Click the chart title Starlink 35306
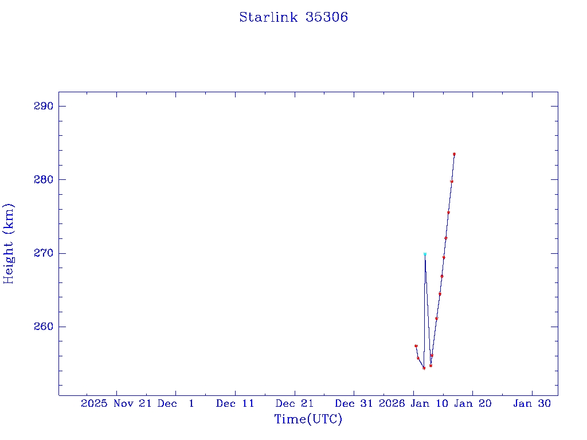[293, 17]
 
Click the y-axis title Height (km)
[9, 243]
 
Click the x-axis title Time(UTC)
[308, 419]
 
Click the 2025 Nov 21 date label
[116, 403]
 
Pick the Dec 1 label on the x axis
[176, 403]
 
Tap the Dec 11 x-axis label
[235, 403]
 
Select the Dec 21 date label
[295, 403]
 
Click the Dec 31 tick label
[354, 403]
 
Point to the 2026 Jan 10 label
[413, 403]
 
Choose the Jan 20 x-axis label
[473, 403]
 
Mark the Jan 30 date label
[532, 403]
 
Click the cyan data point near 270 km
[425, 254]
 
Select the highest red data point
[454, 154]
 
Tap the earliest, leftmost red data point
[416, 346]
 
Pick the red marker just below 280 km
[452, 182]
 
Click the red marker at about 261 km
[436, 319]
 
